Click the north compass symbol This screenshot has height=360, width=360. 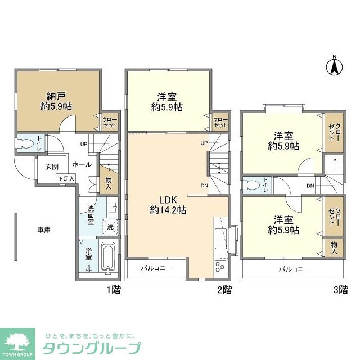pyautogui.click(x=334, y=66)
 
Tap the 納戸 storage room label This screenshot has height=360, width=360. pyautogui.click(x=56, y=101)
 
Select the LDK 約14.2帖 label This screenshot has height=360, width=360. pyautogui.click(x=168, y=204)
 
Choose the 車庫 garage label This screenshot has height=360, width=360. pyautogui.click(x=44, y=230)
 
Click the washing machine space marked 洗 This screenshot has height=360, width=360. pyautogui.click(x=110, y=226)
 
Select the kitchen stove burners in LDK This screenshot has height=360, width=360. pyautogui.click(x=219, y=266)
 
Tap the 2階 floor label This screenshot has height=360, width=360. pyautogui.click(x=224, y=290)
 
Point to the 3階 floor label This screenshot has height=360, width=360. pyautogui.click(x=340, y=290)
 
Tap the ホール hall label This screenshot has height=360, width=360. pyautogui.click(x=82, y=164)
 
